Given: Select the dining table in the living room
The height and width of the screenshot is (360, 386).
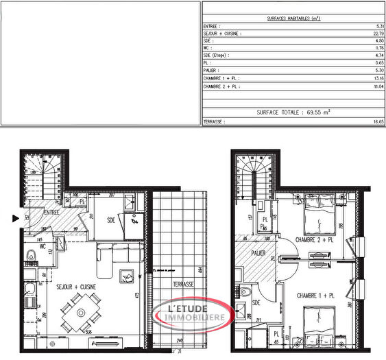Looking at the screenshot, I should click(x=81, y=313).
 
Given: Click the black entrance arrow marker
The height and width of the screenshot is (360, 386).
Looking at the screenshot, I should click(x=15, y=219).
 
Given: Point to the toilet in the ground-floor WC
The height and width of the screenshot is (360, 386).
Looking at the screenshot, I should click(x=29, y=258).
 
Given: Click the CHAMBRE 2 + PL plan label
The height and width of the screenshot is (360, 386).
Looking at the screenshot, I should click(x=315, y=240).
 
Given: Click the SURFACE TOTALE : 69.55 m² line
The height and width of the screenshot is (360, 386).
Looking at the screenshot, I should click(x=293, y=110).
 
